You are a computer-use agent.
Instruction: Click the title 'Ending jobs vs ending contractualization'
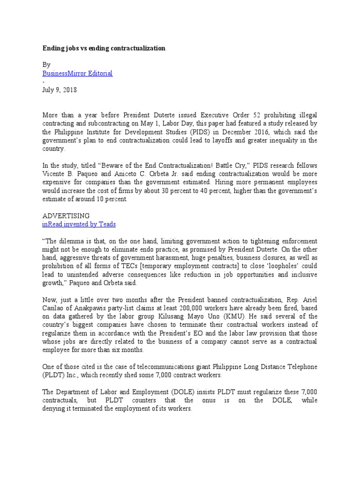pyautogui.click(x=104, y=49)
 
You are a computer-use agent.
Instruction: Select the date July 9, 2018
pyautogui.click(x=60, y=90)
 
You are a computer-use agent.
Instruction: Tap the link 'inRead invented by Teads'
pyautogui.click(x=79, y=224)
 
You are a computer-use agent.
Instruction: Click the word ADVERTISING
pyautogui.click(x=66, y=216)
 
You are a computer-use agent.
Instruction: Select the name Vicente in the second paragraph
pyautogui.click(x=53, y=174)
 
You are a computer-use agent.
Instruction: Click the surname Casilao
pyautogui.click(x=55, y=308)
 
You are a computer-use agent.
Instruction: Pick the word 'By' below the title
pyautogui.click(x=46, y=65)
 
